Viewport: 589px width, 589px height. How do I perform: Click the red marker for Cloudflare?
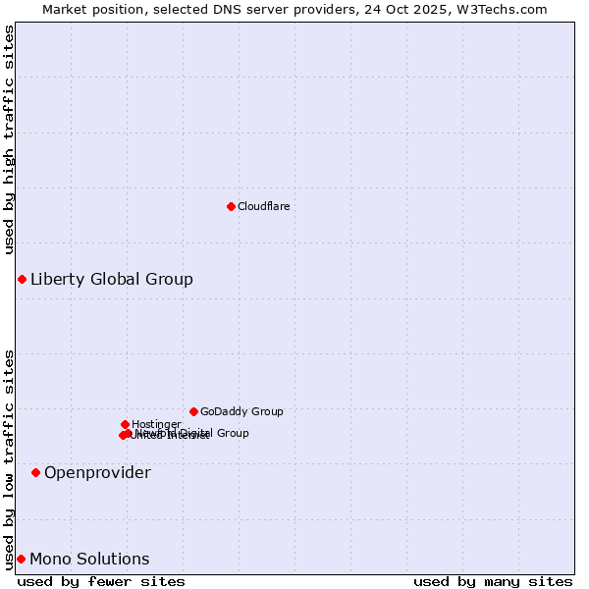click(231, 206)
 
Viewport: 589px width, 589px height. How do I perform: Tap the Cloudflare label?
click(263, 206)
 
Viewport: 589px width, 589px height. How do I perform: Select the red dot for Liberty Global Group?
click(22, 280)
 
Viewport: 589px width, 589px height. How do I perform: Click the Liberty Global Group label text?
click(111, 280)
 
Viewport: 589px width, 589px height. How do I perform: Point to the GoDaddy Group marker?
click(193, 411)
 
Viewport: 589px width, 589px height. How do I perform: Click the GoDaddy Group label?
click(241, 411)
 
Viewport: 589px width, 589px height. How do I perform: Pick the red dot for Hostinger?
click(125, 424)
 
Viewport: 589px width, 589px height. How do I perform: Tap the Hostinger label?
click(156, 424)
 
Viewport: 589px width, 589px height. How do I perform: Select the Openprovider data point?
click(35, 473)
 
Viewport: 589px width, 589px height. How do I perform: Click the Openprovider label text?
click(97, 473)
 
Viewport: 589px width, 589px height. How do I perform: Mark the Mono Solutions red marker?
click(21, 560)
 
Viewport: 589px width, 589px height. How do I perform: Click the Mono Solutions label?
click(89, 560)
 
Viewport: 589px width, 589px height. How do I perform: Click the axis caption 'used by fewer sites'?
click(101, 582)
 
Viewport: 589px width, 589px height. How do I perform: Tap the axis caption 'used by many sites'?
click(493, 582)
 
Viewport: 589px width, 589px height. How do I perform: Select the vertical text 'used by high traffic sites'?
click(9, 139)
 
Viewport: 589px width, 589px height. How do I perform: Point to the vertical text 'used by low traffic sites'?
click(9, 458)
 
